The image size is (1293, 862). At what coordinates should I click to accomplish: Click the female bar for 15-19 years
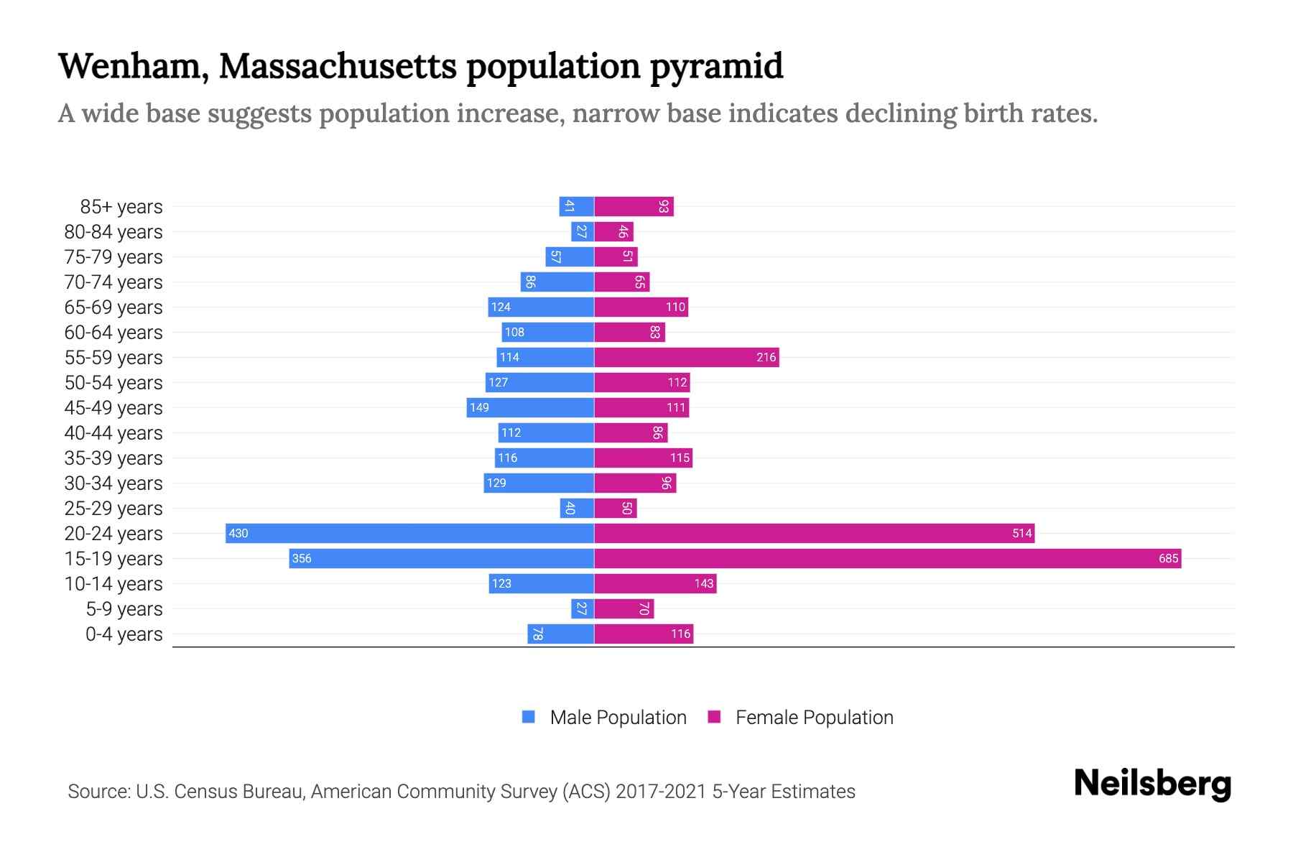[x=887, y=558]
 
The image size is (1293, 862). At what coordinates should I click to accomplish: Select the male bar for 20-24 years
[x=409, y=533]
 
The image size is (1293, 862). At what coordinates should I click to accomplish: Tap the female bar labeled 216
[x=686, y=357]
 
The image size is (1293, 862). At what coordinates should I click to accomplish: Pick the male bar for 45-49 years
[x=530, y=407]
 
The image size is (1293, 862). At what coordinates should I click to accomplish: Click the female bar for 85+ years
[x=634, y=206]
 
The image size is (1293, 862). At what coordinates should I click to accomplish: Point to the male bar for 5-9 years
[x=583, y=608]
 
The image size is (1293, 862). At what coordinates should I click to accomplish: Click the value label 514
[x=1021, y=533]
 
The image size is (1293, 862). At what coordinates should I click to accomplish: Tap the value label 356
[x=302, y=558]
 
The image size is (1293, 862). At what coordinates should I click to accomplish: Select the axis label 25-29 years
[x=113, y=508]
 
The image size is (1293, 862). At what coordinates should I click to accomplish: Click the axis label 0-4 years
[x=124, y=634]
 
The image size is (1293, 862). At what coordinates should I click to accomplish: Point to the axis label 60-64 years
[x=113, y=332]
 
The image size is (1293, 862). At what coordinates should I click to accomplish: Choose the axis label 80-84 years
[x=113, y=231]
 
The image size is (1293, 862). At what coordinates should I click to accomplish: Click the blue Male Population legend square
[x=529, y=717]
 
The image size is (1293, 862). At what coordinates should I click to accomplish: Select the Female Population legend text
[x=814, y=717]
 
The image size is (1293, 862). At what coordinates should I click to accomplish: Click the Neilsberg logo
[x=1152, y=784]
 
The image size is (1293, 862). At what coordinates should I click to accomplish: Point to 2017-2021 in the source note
[x=661, y=792]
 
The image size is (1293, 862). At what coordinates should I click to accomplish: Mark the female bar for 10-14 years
[x=655, y=583]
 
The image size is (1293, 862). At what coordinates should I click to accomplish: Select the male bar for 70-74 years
[x=557, y=282]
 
